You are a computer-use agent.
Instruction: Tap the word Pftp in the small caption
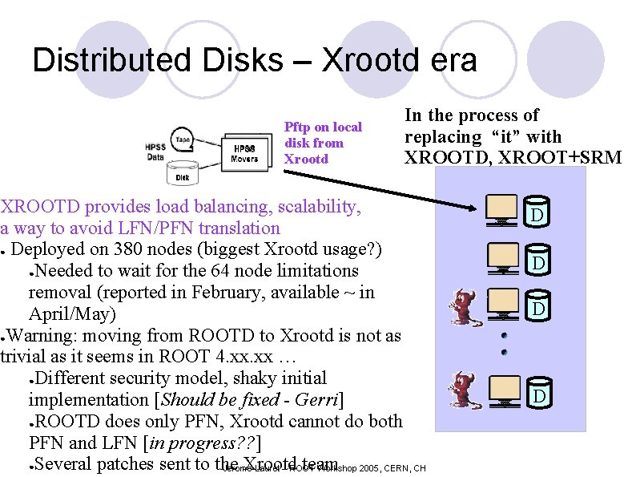(x=300, y=127)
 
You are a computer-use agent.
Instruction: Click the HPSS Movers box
(x=244, y=153)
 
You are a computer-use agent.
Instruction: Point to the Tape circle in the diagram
(x=183, y=138)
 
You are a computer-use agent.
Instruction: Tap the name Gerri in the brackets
(x=316, y=399)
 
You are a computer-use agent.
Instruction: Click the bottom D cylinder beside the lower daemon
(x=540, y=394)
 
